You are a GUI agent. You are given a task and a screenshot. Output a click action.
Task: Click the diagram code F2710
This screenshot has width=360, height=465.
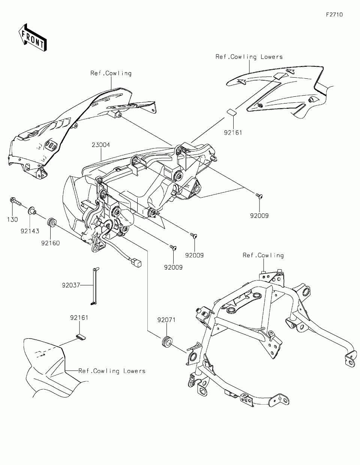tap(334, 15)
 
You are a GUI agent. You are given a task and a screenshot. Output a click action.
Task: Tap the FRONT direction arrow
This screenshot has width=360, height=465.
tap(32, 37)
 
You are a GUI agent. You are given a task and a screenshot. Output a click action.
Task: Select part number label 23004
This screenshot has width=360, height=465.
tap(100, 145)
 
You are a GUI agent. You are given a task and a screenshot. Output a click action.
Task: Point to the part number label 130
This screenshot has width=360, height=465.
tap(12, 220)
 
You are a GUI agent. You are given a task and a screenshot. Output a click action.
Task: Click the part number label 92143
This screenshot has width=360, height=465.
tap(30, 231)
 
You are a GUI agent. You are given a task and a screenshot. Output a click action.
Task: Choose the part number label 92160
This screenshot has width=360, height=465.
tap(51, 243)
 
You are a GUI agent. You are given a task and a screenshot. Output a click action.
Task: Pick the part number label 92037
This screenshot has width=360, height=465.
tap(71, 285)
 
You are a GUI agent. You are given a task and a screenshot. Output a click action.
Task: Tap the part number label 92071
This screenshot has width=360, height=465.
tap(166, 320)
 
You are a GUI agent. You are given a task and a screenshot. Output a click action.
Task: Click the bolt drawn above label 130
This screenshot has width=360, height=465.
tap(14, 201)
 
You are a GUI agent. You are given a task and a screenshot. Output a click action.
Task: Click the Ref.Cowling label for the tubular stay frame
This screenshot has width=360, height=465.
tap(263, 255)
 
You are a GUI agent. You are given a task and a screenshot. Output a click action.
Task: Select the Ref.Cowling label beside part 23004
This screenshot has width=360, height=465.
tap(111, 73)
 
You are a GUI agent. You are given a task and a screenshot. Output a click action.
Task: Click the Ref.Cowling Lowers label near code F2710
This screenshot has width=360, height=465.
tap(249, 57)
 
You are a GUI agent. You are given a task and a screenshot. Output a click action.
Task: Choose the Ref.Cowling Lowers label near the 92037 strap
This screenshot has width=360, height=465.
tap(112, 371)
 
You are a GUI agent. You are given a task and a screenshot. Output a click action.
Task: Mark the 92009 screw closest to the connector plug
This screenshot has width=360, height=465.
tap(173, 247)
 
